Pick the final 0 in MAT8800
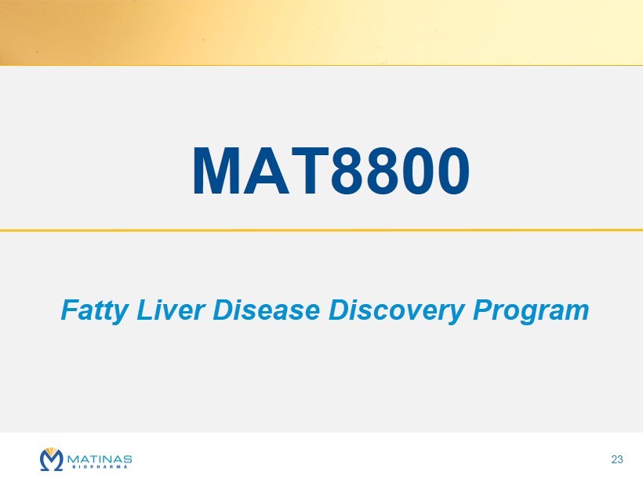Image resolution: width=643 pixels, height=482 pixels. (x=452, y=171)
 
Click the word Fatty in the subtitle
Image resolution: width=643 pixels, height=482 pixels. (x=95, y=310)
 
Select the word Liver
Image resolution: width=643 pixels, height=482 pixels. (x=171, y=310)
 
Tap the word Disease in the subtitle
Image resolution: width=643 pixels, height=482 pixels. (x=267, y=310)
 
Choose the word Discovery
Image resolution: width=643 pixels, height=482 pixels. (x=397, y=310)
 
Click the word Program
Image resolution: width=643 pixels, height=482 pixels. (x=531, y=310)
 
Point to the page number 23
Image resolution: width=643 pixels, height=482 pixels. (x=617, y=459)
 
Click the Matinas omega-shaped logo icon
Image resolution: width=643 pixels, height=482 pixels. (x=52, y=459)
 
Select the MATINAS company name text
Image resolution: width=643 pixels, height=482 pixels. (x=100, y=458)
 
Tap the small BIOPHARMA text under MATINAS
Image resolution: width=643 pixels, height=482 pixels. (x=100, y=466)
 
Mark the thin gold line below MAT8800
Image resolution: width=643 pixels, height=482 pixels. (x=321, y=230)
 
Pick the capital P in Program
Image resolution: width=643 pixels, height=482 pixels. (x=484, y=310)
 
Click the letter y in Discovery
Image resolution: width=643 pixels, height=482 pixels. (x=456, y=314)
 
